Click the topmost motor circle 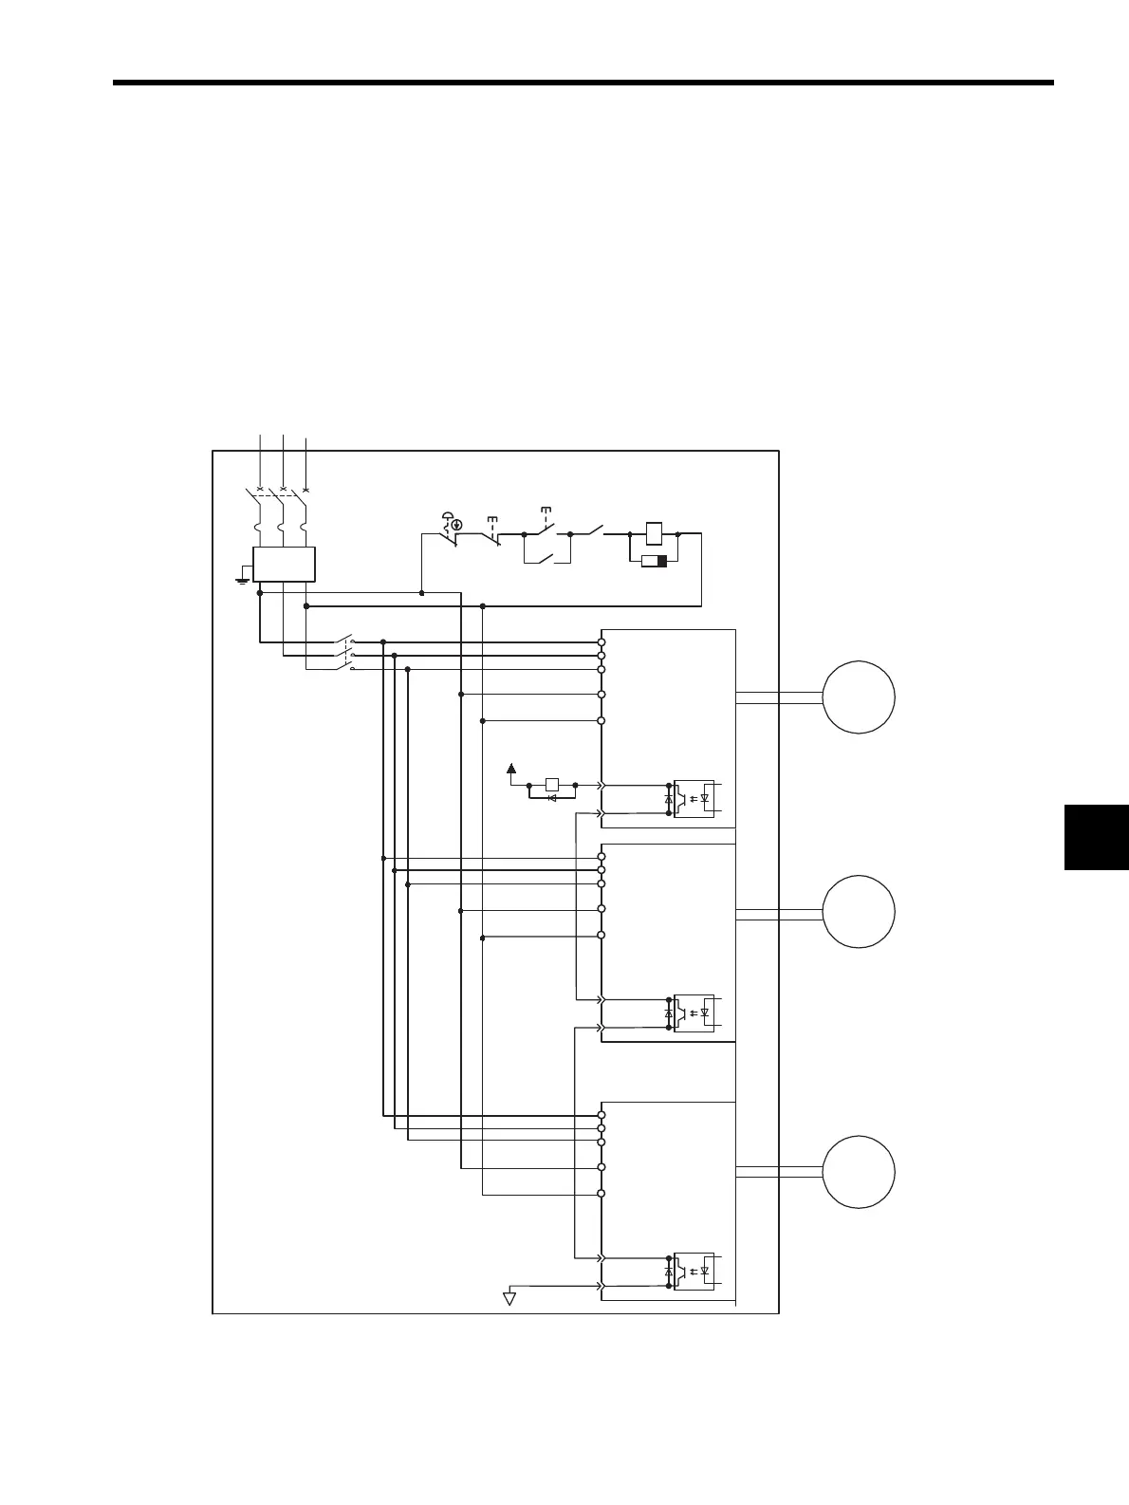point(859,697)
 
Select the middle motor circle point(859,912)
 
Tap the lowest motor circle point(859,1172)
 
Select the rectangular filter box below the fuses point(284,564)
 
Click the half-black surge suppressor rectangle point(655,562)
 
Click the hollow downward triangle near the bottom point(509,1297)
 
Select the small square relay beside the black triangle point(552,785)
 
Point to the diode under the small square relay point(552,799)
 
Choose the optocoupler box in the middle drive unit point(694,1013)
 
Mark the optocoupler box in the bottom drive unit point(694,1271)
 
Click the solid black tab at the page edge point(1096,837)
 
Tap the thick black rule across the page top point(583,83)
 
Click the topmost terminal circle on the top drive point(602,642)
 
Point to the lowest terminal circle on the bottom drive point(602,1194)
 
